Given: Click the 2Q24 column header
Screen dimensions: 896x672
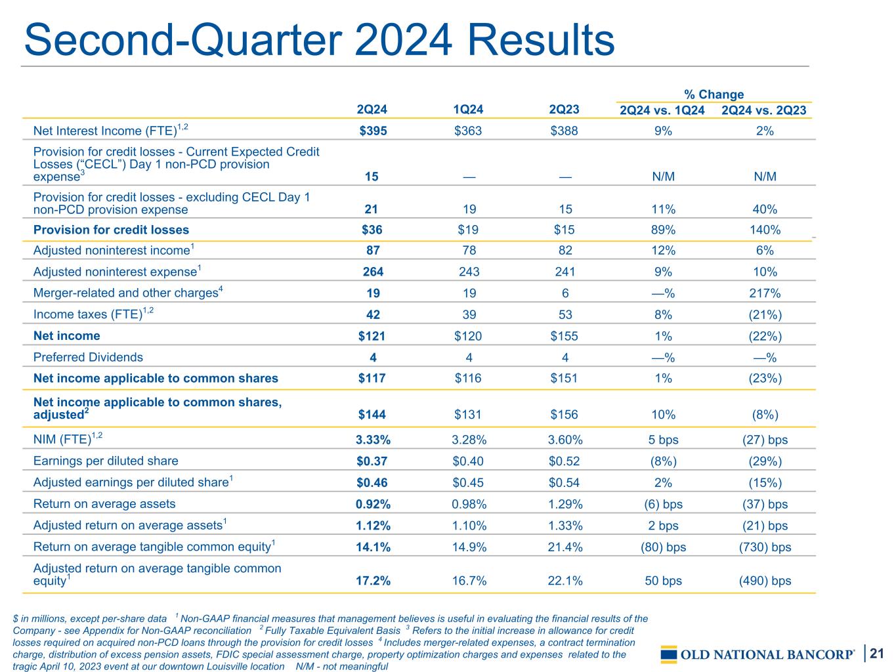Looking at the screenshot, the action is (x=372, y=110).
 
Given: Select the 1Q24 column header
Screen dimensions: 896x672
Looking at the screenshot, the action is (x=468, y=110).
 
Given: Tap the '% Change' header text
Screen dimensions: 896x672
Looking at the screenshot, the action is (x=714, y=94).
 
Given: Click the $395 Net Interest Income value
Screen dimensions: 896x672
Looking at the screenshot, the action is (x=373, y=131).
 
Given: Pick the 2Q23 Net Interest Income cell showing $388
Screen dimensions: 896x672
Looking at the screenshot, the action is (x=564, y=131).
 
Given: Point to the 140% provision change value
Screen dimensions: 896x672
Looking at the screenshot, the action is (x=765, y=230).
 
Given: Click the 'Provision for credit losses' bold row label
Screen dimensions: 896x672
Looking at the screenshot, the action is (x=111, y=230).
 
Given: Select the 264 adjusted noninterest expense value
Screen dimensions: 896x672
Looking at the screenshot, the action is (x=373, y=272).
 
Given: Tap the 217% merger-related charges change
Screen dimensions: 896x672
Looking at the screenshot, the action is (x=765, y=293).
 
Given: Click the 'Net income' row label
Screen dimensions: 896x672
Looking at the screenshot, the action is (x=66, y=335).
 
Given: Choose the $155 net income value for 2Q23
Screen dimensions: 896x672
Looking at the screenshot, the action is (x=564, y=336).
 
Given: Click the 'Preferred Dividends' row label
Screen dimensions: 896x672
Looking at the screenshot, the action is (x=88, y=357).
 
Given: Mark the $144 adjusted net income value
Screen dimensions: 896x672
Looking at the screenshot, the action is (x=372, y=415).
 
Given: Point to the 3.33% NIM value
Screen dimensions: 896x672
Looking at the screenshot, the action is (x=373, y=440).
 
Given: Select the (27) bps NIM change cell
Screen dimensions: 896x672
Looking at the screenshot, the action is (x=765, y=440).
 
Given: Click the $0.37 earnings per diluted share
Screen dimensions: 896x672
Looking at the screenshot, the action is (x=372, y=461).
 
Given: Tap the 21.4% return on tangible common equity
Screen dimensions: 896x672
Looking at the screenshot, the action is (x=565, y=547).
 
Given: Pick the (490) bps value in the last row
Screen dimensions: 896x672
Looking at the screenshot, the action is (x=765, y=581).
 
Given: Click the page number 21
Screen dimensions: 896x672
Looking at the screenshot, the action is (x=877, y=654).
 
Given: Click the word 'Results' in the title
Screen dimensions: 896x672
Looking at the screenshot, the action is (x=541, y=39).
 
